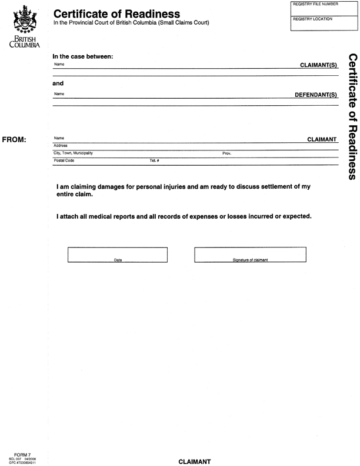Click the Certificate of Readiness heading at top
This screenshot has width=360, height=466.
(116, 14)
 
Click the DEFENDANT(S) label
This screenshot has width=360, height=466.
(315, 95)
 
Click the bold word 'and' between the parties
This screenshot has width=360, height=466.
(58, 83)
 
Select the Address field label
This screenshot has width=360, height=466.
(61, 146)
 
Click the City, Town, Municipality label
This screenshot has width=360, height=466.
(73, 153)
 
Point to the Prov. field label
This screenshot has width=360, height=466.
(226, 153)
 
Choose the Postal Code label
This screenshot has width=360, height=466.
(64, 160)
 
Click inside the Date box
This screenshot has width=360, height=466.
(118, 254)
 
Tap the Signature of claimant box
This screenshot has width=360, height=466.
(250, 254)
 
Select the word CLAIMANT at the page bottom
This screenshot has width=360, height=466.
(194, 461)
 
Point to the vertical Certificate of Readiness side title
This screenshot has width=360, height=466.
(351, 118)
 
